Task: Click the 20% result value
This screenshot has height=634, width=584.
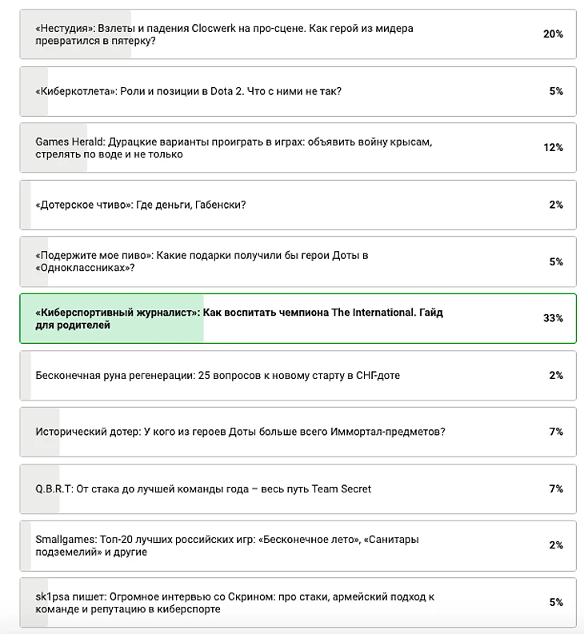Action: coord(553,34)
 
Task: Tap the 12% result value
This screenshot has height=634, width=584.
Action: coord(553,148)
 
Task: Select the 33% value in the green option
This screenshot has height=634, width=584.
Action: coord(553,318)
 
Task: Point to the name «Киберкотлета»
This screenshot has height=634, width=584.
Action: coord(77,91)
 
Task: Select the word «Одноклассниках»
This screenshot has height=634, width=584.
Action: coord(82,268)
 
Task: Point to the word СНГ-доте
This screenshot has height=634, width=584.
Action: coord(376,375)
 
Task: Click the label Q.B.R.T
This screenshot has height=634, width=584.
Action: coord(54,488)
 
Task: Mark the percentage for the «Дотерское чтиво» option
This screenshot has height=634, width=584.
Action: coord(556,205)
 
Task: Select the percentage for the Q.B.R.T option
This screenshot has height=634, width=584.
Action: coord(556,488)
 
